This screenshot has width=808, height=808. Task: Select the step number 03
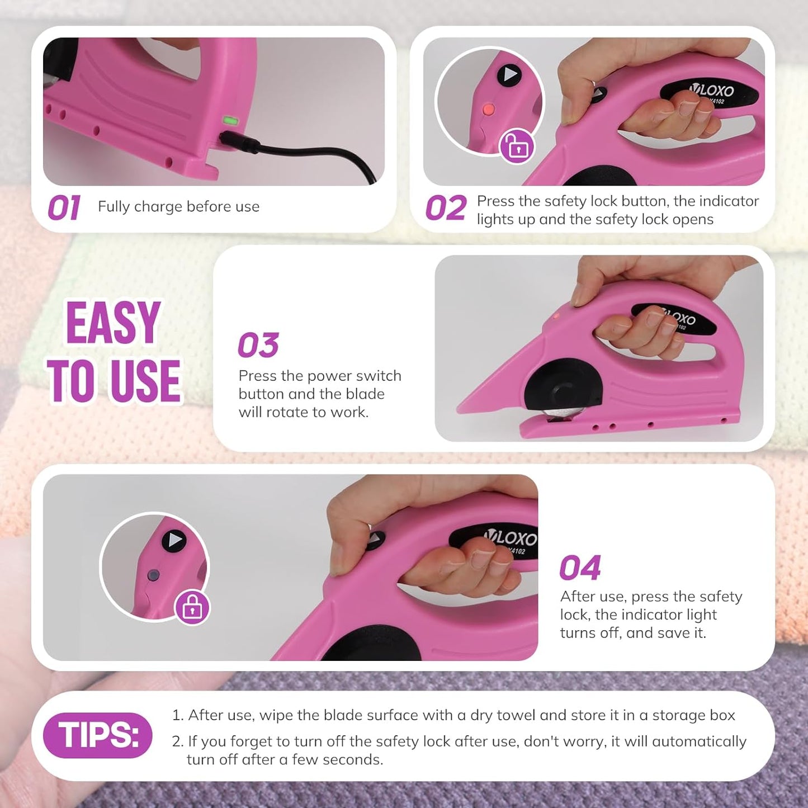pos(258,344)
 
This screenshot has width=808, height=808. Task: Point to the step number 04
pos(580,568)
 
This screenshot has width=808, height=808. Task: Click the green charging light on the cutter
pos(230,121)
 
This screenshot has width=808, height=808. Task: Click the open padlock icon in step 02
pos(517,147)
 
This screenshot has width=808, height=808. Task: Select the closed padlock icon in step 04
pos(192,607)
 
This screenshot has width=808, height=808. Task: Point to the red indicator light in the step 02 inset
pos(488,110)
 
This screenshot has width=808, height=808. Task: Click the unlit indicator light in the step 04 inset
pos(154,575)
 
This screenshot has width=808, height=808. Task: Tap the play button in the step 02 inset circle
pos(509,75)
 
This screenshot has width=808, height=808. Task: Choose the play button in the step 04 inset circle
pos(174,541)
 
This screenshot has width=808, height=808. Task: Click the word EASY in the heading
pos(113,323)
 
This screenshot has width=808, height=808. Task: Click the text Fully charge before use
pos(178,207)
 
